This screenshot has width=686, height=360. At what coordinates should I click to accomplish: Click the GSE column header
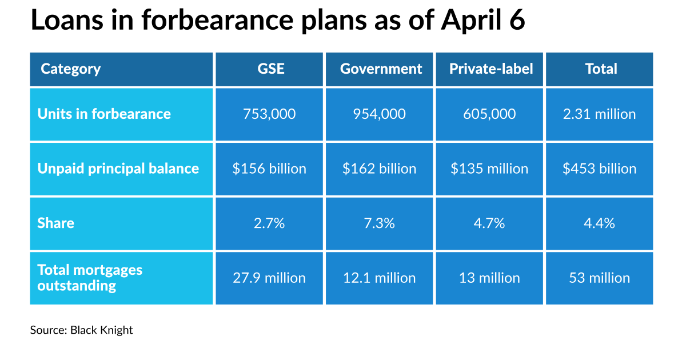point(271,69)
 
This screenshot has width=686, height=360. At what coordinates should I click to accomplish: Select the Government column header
point(381,69)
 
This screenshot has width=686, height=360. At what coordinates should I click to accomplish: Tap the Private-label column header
point(490,69)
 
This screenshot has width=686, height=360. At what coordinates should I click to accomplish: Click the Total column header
point(600,69)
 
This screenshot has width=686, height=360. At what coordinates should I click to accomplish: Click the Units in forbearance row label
point(104,114)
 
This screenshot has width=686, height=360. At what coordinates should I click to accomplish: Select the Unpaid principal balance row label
point(118,169)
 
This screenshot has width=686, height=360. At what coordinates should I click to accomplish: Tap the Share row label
point(56,223)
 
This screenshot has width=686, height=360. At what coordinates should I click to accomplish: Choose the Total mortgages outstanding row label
point(90,278)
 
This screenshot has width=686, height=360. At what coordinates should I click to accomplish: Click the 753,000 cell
point(271,114)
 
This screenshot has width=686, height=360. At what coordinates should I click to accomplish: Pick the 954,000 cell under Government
point(381,114)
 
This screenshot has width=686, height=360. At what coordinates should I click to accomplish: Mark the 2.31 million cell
point(600,114)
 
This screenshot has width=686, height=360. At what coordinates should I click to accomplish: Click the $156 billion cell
point(271,169)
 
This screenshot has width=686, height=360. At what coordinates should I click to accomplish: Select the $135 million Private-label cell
point(490,169)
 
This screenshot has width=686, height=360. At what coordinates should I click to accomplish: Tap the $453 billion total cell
point(600,169)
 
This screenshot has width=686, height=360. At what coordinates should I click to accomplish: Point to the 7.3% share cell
point(381,223)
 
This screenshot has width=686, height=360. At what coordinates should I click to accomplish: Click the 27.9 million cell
point(271,278)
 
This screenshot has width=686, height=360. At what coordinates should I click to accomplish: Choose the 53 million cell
point(600,278)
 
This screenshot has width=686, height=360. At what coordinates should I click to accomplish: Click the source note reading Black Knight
point(82,330)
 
